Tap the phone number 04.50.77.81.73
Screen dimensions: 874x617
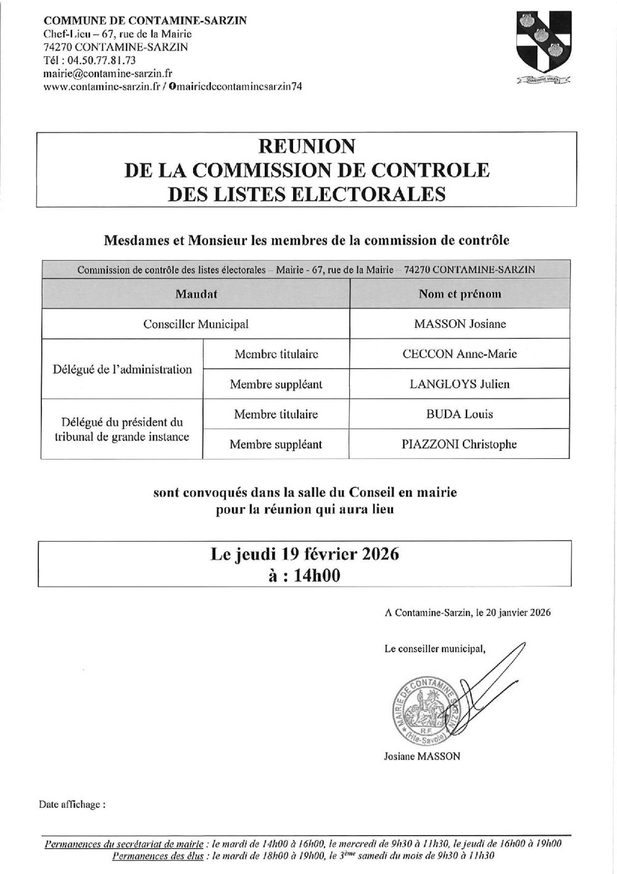click(x=99, y=61)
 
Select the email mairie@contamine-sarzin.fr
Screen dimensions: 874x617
click(x=107, y=74)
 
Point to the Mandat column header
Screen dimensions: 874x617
click(x=196, y=294)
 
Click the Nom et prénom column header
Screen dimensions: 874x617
click(x=460, y=294)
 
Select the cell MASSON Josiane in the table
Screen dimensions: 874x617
click(x=460, y=324)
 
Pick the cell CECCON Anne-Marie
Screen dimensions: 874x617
click(x=460, y=354)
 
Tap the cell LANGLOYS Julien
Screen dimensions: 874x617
click(x=460, y=384)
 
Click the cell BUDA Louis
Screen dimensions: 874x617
click(x=460, y=414)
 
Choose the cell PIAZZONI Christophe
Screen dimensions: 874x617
click(x=460, y=444)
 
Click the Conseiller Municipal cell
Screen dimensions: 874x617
click(x=196, y=324)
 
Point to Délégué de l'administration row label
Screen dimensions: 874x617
click(x=122, y=369)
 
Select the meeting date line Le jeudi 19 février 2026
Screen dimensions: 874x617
click(x=305, y=553)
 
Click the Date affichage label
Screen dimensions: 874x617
click(x=72, y=805)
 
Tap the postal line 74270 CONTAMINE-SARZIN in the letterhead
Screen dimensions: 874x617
click(x=116, y=47)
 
